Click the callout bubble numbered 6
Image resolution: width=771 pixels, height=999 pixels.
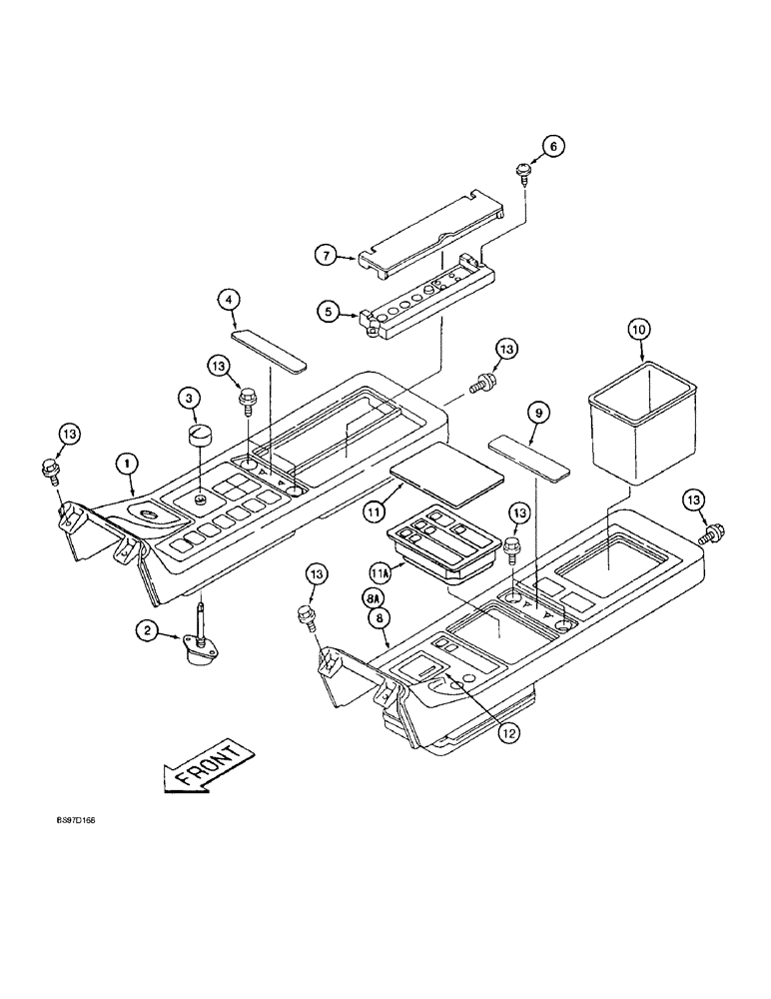tap(554, 146)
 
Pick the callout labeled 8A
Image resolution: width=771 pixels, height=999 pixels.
tap(372, 595)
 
